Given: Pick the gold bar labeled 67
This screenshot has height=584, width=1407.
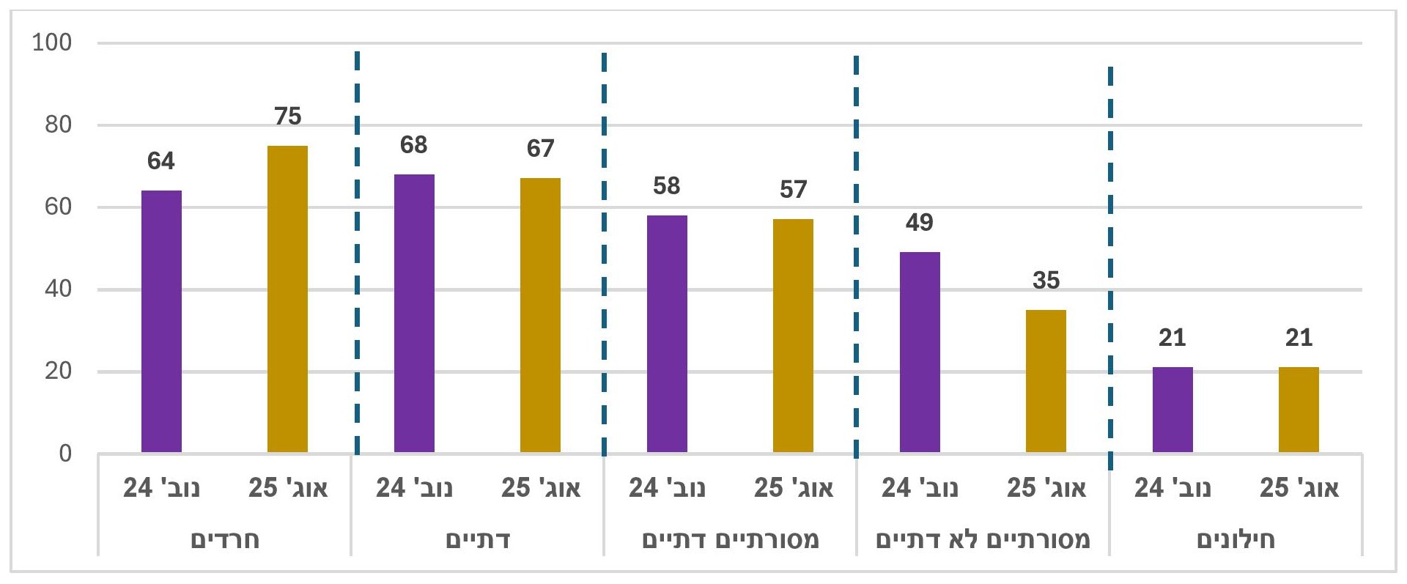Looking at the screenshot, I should pos(540,315).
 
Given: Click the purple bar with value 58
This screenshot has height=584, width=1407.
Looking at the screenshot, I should pos(667,333).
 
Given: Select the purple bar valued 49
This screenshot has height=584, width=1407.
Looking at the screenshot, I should pos(920,352).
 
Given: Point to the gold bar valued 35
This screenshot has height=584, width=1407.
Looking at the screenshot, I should pos(1046,381).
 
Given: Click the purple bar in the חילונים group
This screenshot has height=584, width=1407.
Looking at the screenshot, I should pos(1172,410).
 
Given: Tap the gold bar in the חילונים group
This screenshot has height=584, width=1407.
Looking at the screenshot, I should pos(1299,410).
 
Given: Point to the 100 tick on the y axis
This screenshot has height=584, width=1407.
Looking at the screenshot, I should pos(52,42).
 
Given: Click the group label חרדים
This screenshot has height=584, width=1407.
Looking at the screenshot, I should pos(225,540).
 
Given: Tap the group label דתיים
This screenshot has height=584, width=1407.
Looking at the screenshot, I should pos(478,540).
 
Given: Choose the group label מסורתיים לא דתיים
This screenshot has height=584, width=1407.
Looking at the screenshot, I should pos(983,540).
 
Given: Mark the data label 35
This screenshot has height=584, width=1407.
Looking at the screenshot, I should pos(1046,280).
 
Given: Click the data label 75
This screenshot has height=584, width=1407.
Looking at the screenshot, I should pos(287,116).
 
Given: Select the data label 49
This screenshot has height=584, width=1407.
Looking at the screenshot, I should pos(920,222).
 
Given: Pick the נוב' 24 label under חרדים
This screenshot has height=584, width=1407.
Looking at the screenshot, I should pos(161,488).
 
